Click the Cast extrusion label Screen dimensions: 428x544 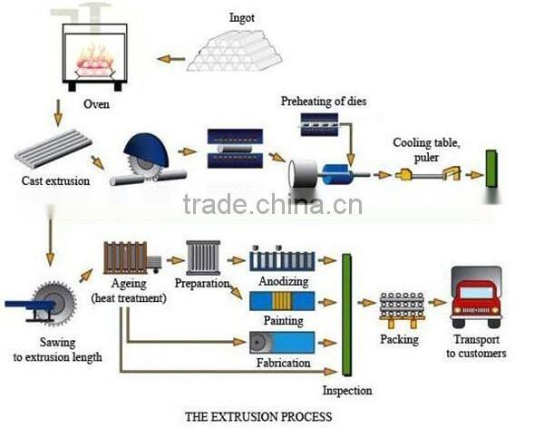click(x=55, y=180)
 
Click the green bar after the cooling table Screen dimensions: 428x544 click(x=491, y=170)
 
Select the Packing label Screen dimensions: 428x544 click(x=399, y=339)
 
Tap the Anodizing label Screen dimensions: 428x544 click(x=282, y=281)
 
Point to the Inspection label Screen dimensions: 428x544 click(x=347, y=391)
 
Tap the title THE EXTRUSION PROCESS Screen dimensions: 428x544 click(x=258, y=417)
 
